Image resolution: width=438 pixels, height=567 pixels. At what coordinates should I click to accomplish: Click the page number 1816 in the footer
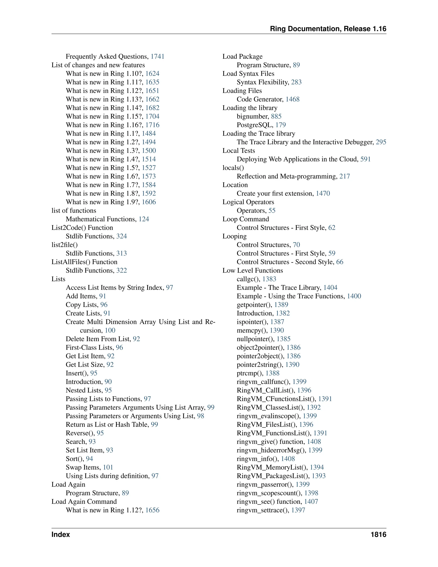point(378,534)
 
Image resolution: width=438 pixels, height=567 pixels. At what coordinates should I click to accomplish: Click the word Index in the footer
point(61,534)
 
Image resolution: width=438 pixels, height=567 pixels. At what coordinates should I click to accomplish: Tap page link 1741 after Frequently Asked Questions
point(157,57)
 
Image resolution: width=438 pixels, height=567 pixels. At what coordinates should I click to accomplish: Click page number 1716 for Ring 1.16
point(152,125)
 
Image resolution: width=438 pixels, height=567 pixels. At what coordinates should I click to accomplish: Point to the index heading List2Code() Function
point(82,228)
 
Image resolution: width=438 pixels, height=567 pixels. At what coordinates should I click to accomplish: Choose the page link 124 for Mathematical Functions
point(144,219)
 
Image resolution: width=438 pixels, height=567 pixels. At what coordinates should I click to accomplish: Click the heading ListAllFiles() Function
point(84,262)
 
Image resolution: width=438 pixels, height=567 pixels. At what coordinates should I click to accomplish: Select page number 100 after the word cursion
point(110,331)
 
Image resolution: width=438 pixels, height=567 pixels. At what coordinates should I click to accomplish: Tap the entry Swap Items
point(83,467)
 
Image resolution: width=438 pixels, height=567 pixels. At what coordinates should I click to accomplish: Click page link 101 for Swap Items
point(108,467)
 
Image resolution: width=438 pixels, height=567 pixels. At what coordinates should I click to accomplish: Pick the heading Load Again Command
point(84,502)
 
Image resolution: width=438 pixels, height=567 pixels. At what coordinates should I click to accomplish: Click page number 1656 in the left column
point(152,510)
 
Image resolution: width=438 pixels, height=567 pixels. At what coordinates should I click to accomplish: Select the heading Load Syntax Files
point(248,74)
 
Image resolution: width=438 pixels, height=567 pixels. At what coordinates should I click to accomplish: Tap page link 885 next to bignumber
point(276,117)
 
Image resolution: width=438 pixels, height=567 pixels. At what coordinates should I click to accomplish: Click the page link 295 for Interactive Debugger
point(381,142)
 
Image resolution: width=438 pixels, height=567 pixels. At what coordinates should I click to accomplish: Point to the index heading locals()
point(233,168)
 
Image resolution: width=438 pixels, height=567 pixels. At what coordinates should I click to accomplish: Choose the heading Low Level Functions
point(253,270)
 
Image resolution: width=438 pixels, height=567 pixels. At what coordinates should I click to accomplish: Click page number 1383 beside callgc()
point(269,279)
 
